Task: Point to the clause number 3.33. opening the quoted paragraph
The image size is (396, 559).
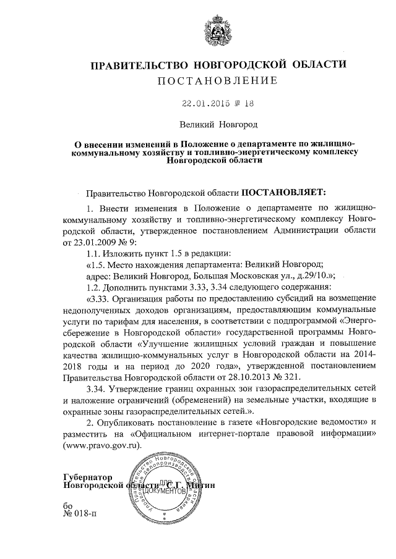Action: click(99, 300)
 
